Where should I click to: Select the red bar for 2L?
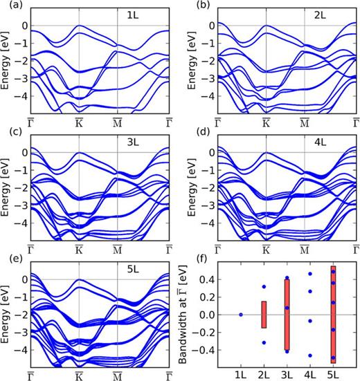pos(264,315)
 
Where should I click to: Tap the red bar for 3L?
pos(287,315)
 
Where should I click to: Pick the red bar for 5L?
pos(333,315)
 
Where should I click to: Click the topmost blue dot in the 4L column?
pos(310,274)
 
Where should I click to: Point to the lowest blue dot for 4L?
pos(310,355)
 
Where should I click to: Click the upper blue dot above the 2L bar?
pos(264,286)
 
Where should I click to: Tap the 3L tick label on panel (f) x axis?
pos(287,374)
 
